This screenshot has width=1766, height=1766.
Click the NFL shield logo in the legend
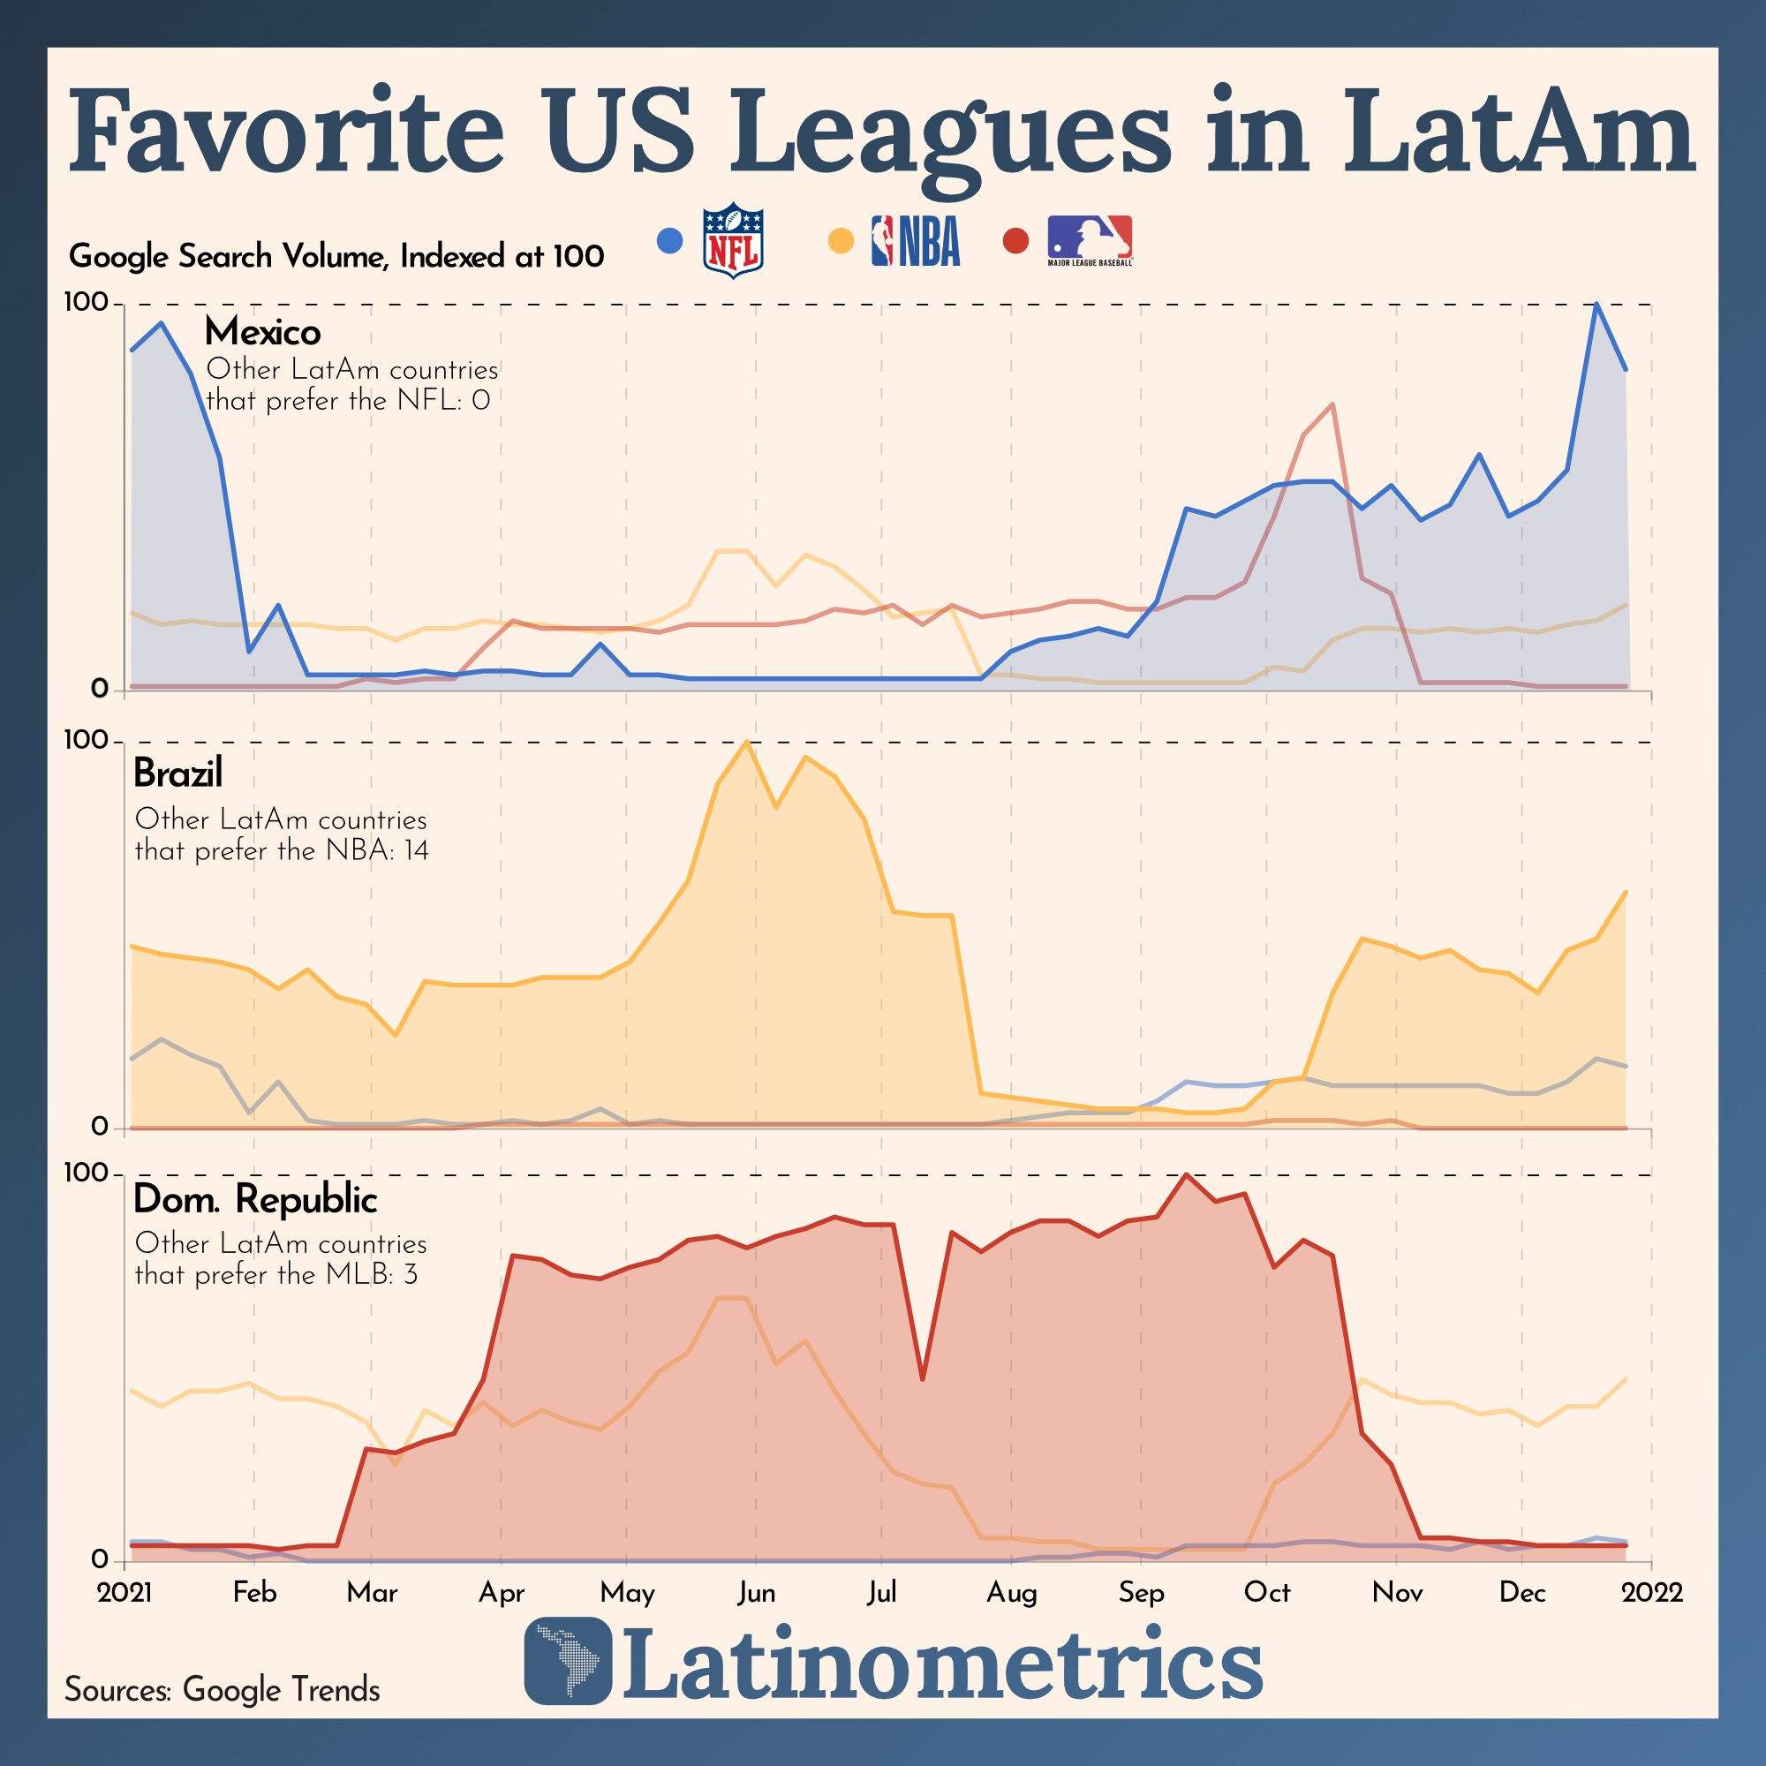[x=732, y=241]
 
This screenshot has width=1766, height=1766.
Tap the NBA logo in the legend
[x=915, y=241]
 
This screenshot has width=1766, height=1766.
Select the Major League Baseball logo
[x=1090, y=241]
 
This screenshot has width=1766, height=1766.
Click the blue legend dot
[x=670, y=241]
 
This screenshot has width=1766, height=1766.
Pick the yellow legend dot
[x=841, y=241]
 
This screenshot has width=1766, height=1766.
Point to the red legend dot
[x=1015, y=241]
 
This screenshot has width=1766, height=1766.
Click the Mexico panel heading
[x=262, y=332]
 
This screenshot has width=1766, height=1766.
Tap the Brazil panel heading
[x=177, y=774]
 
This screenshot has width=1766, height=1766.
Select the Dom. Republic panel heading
[x=255, y=1199]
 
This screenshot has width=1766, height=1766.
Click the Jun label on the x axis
[x=756, y=1592]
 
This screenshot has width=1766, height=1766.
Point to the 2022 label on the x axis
[x=1652, y=1592]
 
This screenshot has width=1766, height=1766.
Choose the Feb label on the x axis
[x=254, y=1592]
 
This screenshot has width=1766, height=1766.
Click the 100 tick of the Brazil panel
[x=86, y=741]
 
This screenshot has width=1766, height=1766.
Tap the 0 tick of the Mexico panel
[x=100, y=690]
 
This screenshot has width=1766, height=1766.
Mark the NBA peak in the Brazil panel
[x=748, y=742]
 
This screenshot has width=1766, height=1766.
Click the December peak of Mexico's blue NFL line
[x=1596, y=304]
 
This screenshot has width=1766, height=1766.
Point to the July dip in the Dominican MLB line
[x=924, y=1378]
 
